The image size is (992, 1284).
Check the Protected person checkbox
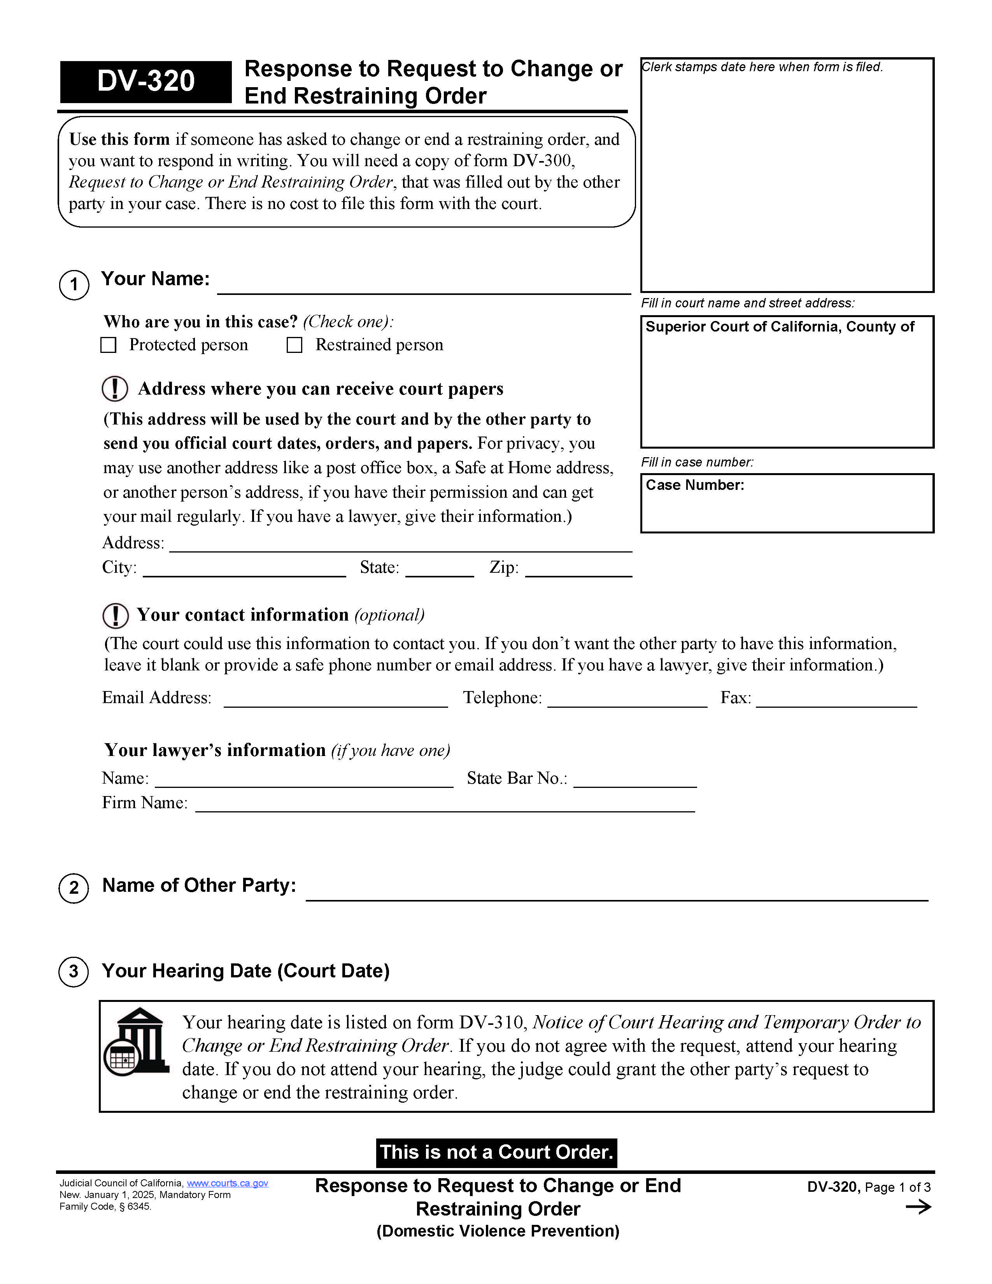coord(108,345)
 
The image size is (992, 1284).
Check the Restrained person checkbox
coord(294,345)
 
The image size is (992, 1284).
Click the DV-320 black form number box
coord(146,82)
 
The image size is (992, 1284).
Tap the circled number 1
coord(74,285)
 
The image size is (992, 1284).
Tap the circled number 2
coord(74,888)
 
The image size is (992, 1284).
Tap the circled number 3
coord(74,971)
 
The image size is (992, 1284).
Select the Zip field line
coord(578,570)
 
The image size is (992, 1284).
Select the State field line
coord(440,570)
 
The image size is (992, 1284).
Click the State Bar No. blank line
coord(635,781)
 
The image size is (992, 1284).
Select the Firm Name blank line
coord(445,805)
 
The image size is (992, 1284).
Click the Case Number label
coord(695,485)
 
